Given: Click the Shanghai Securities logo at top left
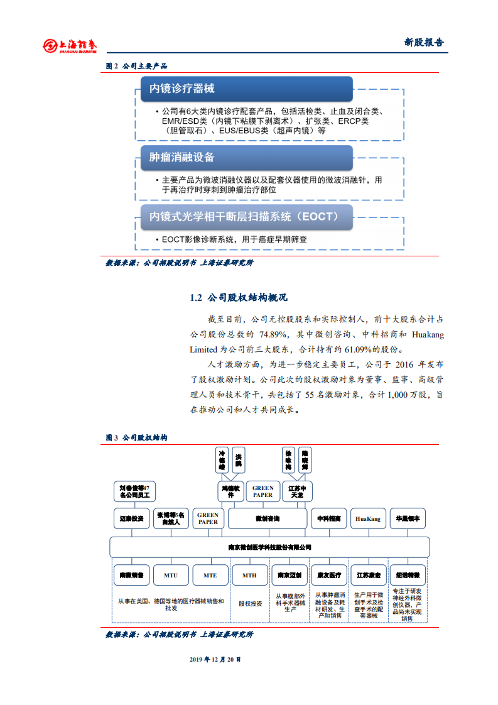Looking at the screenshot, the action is (69, 45).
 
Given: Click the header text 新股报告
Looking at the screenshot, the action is (423, 43).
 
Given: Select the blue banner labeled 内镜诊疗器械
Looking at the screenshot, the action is (245, 89).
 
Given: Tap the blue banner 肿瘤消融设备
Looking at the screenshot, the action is (245, 157).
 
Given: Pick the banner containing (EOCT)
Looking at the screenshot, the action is (245, 217).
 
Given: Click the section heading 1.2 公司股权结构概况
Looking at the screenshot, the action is (239, 297).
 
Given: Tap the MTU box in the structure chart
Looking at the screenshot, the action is (171, 575).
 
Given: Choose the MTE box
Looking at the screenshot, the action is (210, 575).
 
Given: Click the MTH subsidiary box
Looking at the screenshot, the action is (249, 575).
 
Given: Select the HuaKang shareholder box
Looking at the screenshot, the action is (369, 519).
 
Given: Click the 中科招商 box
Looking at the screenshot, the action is (328, 519).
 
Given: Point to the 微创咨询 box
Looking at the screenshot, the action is (268, 519).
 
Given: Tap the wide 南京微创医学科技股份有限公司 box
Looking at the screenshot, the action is (269, 547).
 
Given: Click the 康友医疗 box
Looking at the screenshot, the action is (328, 575).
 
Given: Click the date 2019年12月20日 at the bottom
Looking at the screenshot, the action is (215, 660).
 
